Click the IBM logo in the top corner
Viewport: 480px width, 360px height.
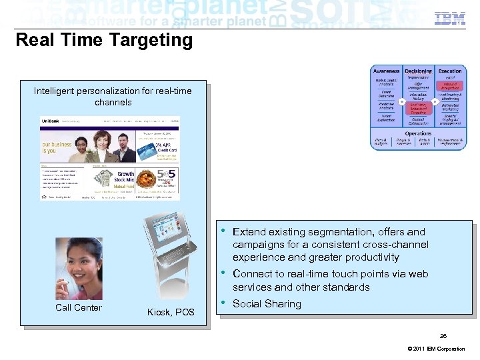[x=450, y=18]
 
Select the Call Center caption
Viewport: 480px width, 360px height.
[x=79, y=307]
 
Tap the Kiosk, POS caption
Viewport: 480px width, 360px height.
[x=171, y=312]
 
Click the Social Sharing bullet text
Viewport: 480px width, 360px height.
[x=267, y=304]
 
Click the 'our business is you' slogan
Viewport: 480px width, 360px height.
[x=57, y=147]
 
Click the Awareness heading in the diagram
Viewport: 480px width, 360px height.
[x=386, y=71]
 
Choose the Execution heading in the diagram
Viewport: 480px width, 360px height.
[x=450, y=71]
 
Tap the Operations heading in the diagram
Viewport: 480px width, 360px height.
[x=418, y=133]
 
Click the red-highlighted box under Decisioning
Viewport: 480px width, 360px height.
[x=418, y=107]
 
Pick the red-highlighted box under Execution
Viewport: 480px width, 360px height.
[x=450, y=85]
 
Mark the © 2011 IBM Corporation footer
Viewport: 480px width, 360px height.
[x=435, y=349]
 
